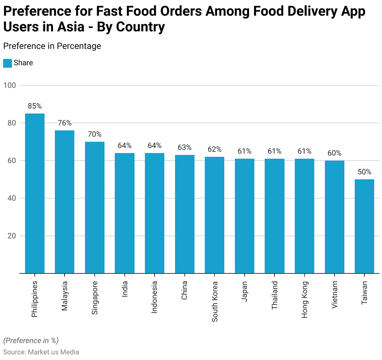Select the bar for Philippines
[x=35, y=193]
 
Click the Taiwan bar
[x=364, y=226]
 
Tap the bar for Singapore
[x=94, y=207]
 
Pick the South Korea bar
[x=215, y=215]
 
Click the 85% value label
[x=35, y=106]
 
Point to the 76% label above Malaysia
[x=65, y=123]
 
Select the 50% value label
[x=364, y=172]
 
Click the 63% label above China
[x=184, y=148]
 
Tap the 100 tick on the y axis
[x=10, y=85]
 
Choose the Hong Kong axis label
[x=305, y=299]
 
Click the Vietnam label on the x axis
[x=335, y=295]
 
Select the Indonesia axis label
[x=155, y=297]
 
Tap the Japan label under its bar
[x=245, y=291]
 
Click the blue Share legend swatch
[x=7, y=63]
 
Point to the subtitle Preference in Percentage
[x=52, y=46]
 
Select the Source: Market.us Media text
[x=41, y=352]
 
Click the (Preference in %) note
[x=31, y=341]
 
